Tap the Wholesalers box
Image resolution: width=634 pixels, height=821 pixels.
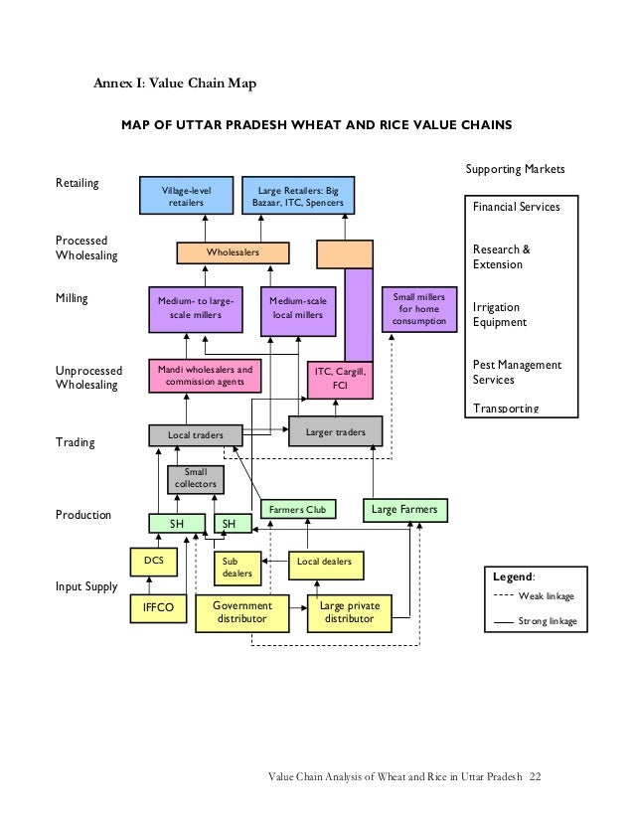click(234, 253)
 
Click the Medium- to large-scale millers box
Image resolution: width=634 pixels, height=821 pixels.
click(195, 307)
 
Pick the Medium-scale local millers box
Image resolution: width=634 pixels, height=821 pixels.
click(297, 307)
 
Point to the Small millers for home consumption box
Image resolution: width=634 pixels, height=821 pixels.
click(419, 309)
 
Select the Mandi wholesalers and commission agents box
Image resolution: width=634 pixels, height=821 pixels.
click(200, 375)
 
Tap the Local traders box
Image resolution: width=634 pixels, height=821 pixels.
click(195, 435)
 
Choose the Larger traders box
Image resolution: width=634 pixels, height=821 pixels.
click(335, 431)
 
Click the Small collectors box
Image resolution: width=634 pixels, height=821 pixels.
click(195, 478)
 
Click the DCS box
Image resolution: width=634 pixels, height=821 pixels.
click(154, 562)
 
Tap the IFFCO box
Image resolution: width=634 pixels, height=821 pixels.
click(158, 607)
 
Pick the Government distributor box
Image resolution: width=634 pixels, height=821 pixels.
click(242, 611)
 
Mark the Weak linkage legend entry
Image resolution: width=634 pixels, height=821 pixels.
click(535, 596)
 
